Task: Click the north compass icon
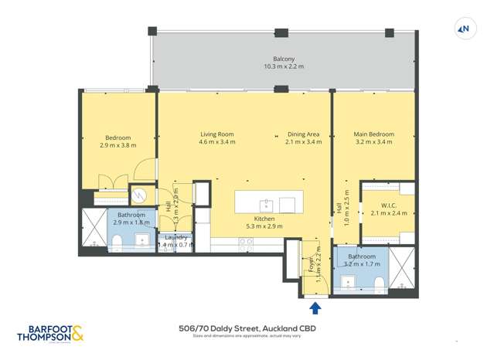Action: pos(465,29)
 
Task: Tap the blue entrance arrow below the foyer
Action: pos(315,309)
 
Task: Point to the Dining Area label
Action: pos(303,134)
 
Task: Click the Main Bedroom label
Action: pos(373,134)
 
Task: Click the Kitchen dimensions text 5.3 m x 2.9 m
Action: pos(264,226)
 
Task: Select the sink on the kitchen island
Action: pos(266,205)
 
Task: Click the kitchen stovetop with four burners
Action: pos(246,242)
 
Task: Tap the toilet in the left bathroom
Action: pos(116,244)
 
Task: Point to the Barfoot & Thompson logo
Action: pos(49,333)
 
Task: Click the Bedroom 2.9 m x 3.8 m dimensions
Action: pos(118,145)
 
